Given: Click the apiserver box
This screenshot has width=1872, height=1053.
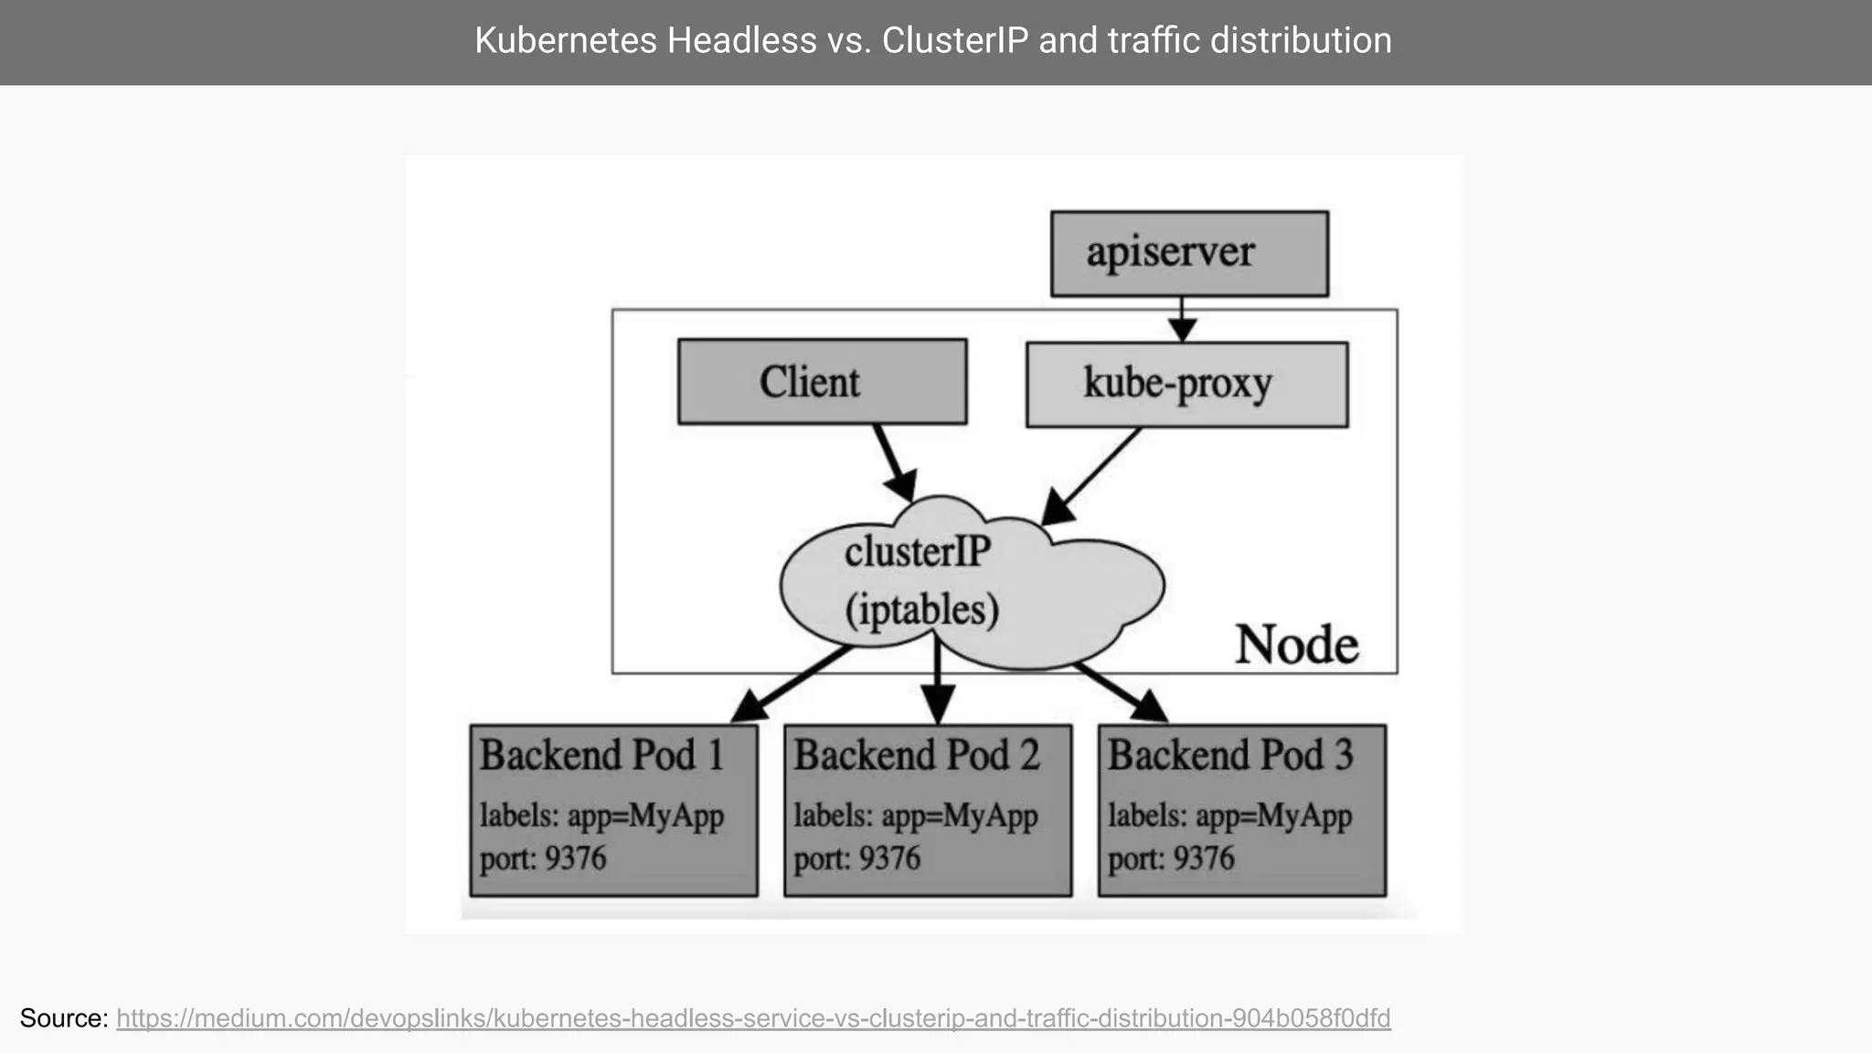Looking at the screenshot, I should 1188,253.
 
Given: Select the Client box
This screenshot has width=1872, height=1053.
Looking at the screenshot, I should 822,381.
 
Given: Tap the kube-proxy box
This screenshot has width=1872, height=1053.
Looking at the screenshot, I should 1186,384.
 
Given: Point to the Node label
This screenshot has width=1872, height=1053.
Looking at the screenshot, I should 1296,644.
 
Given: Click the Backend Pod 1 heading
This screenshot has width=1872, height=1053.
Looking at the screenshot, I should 601,756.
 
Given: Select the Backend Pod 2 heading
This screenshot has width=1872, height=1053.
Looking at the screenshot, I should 916,756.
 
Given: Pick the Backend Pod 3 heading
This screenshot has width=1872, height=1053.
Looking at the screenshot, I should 1229,756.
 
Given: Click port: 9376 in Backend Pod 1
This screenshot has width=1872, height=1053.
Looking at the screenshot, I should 543,859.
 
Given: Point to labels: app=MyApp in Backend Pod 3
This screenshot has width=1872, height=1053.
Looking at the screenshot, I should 1229,815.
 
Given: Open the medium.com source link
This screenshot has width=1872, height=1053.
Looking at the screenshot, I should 753,1018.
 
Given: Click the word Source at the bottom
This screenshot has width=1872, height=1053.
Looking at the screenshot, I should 63,1018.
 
